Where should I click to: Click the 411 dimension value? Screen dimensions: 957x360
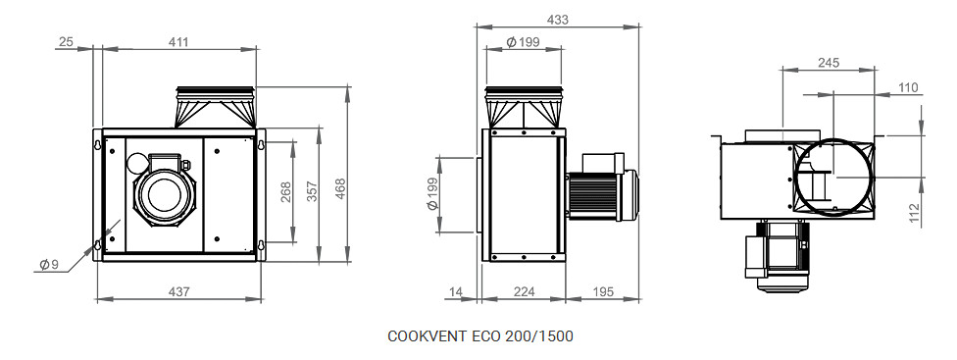tap(178, 42)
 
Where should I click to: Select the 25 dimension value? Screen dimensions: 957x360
tap(66, 42)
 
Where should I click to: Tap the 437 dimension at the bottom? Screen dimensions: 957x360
tap(178, 292)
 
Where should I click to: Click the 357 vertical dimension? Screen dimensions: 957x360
tap(313, 192)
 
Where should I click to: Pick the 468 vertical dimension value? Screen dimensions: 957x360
tap(340, 189)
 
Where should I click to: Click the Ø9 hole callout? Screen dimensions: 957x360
tap(48, 265)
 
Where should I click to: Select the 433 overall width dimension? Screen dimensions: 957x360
tap(557, 21)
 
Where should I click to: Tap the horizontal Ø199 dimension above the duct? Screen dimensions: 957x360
tap(523, 42)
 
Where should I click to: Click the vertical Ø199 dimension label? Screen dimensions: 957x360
tap(432, 194)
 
